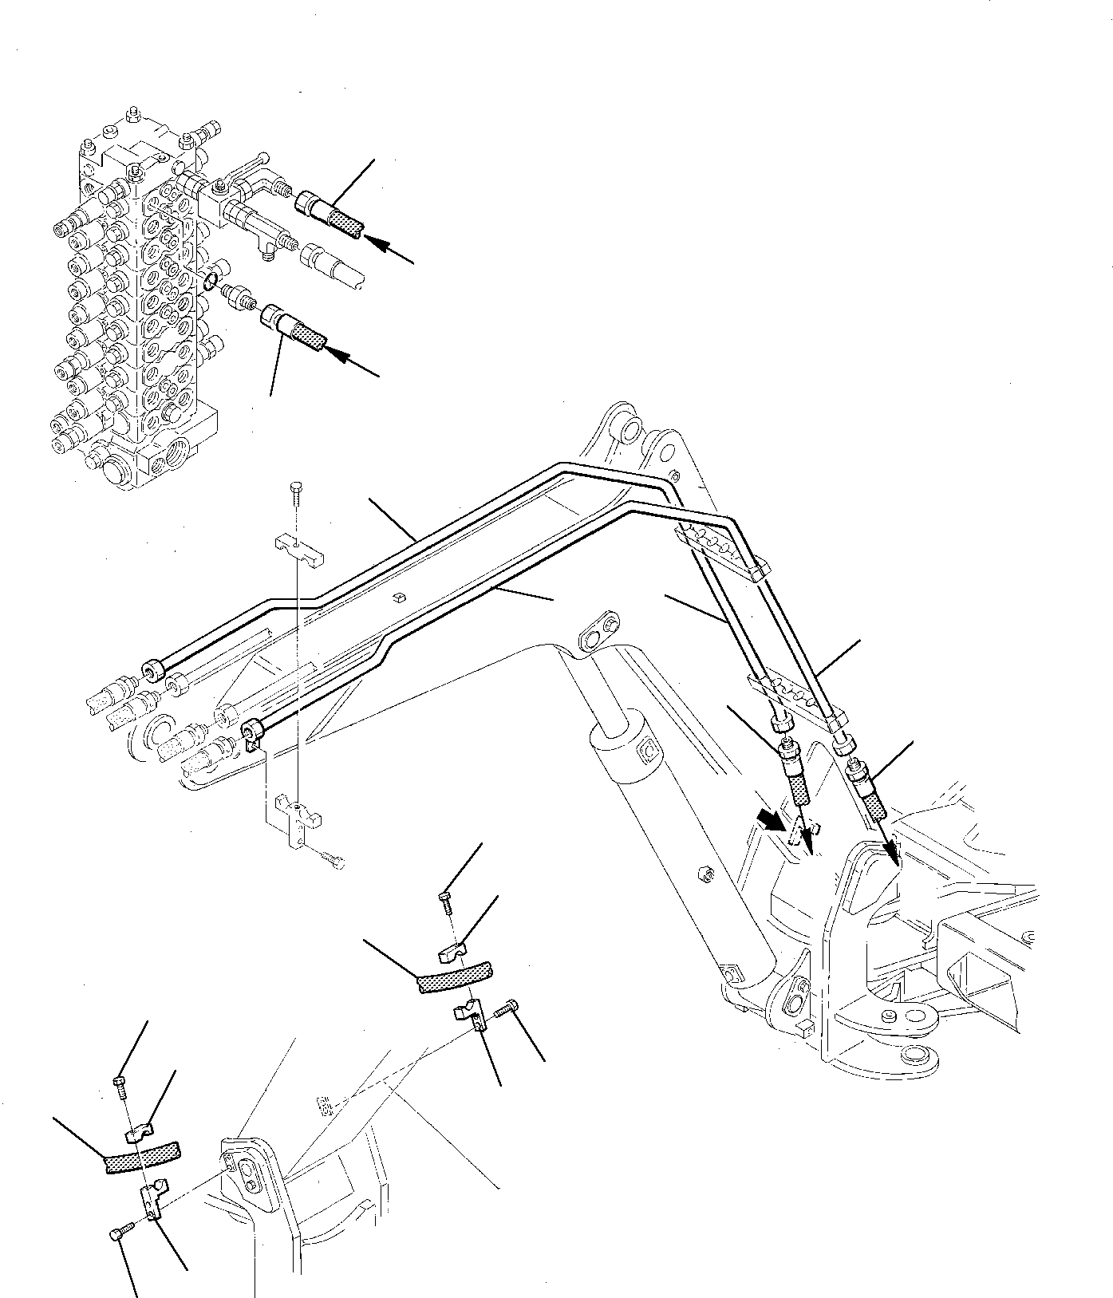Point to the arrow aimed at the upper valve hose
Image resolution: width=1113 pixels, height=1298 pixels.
[396, 251]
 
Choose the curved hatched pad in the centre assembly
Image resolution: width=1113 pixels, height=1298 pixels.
[456, 976]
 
